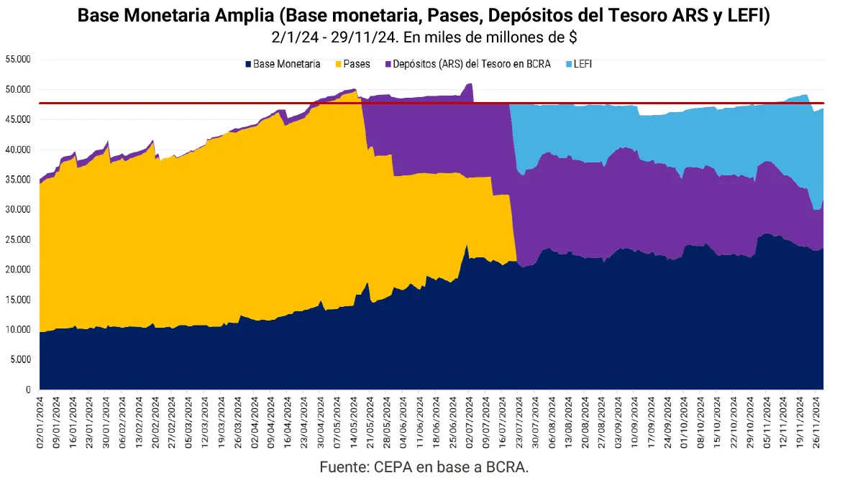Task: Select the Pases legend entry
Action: point(357,64)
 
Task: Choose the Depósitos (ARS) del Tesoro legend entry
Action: point(472,64)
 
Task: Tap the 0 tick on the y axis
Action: point(27,390)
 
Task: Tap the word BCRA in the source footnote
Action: point(506,466)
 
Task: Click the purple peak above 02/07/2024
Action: point(470,84)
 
